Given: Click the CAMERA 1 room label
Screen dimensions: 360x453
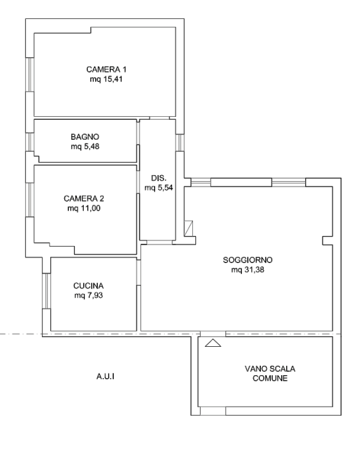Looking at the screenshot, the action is click(x=106, y=70).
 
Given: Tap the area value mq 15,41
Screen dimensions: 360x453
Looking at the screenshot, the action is click(x=106, y=79).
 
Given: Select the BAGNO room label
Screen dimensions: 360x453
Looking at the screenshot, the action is click(x=85, y=137).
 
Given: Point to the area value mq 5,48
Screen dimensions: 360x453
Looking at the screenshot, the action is click(x=85, y=146).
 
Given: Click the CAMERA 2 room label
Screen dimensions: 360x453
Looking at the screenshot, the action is click(x=84, y=198).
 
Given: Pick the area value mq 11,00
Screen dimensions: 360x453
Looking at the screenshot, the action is click(x=84, y=208).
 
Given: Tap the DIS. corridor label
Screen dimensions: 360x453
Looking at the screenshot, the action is click(x=159, y=178).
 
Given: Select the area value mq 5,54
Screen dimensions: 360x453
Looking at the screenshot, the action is click(x=159, y=188).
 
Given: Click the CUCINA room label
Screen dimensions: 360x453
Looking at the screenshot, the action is click(x=89, y=285).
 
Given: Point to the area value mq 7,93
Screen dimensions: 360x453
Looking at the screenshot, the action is click(x=89, y=296).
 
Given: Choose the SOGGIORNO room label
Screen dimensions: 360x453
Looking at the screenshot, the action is click(x=247, y=260).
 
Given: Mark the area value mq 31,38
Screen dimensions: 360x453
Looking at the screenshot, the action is click(x=247, y=270).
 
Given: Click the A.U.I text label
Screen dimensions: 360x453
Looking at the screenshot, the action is click(x=105, y=376).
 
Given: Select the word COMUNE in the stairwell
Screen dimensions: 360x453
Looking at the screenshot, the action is click(x=270, y=378).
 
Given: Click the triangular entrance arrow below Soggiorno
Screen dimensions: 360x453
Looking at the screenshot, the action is click(x=213, y=343).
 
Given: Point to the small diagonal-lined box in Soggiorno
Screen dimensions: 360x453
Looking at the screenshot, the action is click(x=188, y=228).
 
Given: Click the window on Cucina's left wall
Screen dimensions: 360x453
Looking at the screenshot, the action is click(x=46, y=291).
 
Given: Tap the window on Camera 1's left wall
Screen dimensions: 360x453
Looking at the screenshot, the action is click(x=30, y=74).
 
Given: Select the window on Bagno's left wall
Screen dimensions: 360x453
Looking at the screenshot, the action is click(x=30, y=142).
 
